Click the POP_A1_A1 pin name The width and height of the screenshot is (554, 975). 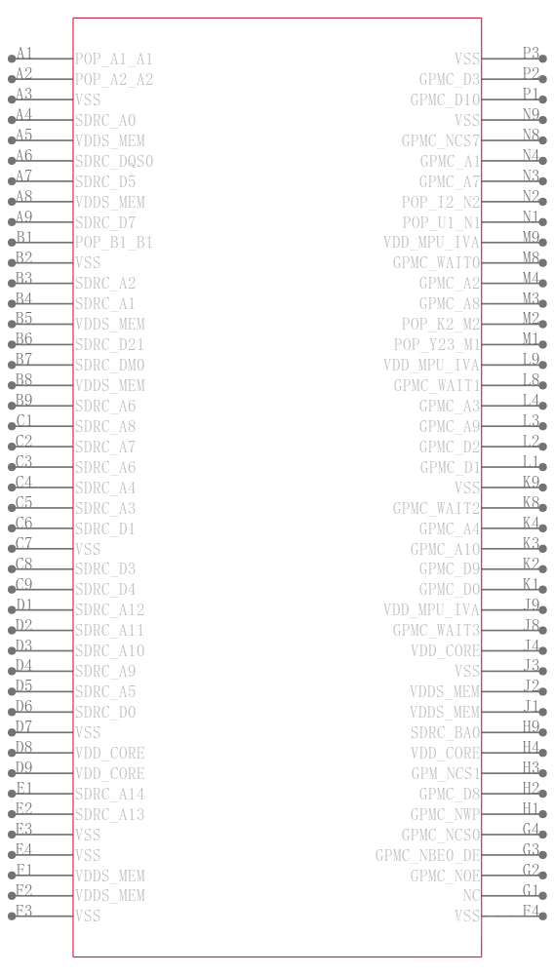(x=113, y=59)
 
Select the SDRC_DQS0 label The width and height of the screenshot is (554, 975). (x=113, y=161)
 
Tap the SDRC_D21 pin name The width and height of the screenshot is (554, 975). (x=109, y=344)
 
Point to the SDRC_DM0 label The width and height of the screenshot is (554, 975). (x=109, y=365)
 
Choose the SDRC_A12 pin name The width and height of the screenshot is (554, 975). (x=109, y=609)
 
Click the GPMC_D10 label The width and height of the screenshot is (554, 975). (x=445, y=99)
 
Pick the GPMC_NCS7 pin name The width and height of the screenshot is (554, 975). (x=441, y=140)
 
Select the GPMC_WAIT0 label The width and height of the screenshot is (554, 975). (x=436, y=262)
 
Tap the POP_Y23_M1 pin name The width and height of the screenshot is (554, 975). (x=437, y=344)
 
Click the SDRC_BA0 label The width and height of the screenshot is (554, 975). (x=445, y=732)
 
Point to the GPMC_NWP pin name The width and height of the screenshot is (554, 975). (x=445, y=813)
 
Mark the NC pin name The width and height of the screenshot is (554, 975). (x=472, y=895)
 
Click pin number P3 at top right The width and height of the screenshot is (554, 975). (x=531, y=53)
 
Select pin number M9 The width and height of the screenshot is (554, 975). (x=531, y=236)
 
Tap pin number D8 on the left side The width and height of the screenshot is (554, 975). (x=24, y=747)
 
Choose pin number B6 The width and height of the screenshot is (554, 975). (x=24, y=338)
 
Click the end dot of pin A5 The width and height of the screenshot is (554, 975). (x=12, y=140)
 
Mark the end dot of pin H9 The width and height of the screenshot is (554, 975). (x=542, y=732)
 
